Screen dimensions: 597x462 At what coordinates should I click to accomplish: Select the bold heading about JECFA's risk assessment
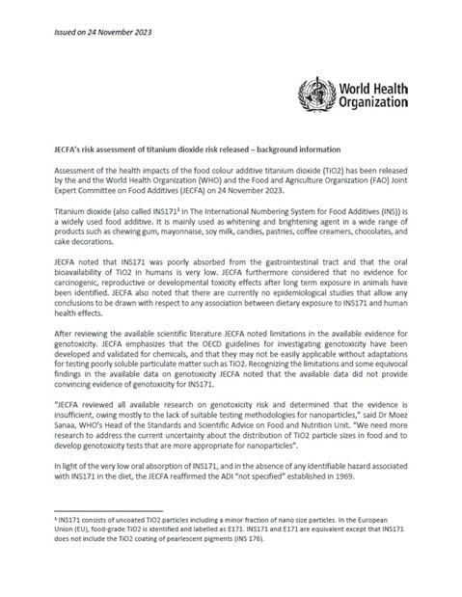point(197,149)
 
